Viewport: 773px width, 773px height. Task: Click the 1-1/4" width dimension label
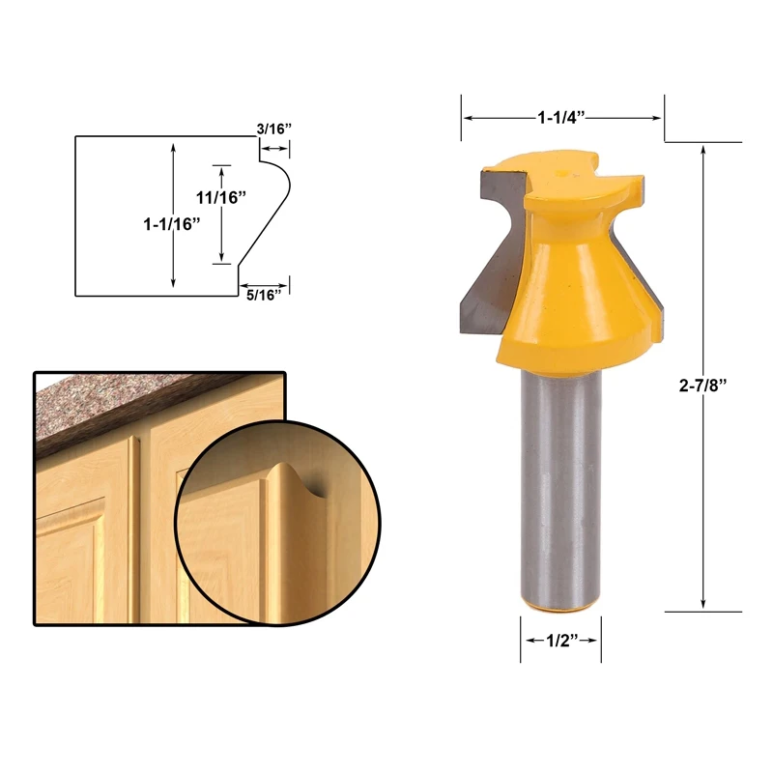point(563,117)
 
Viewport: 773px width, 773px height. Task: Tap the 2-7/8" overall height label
point(702,385)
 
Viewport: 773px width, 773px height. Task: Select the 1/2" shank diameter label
point(561,641)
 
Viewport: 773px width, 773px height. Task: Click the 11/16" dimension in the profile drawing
point(221,197)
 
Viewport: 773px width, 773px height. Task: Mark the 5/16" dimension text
point(267,296)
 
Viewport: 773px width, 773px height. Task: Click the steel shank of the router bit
point(560,483)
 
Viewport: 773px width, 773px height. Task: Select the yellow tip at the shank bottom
point(561,607)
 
